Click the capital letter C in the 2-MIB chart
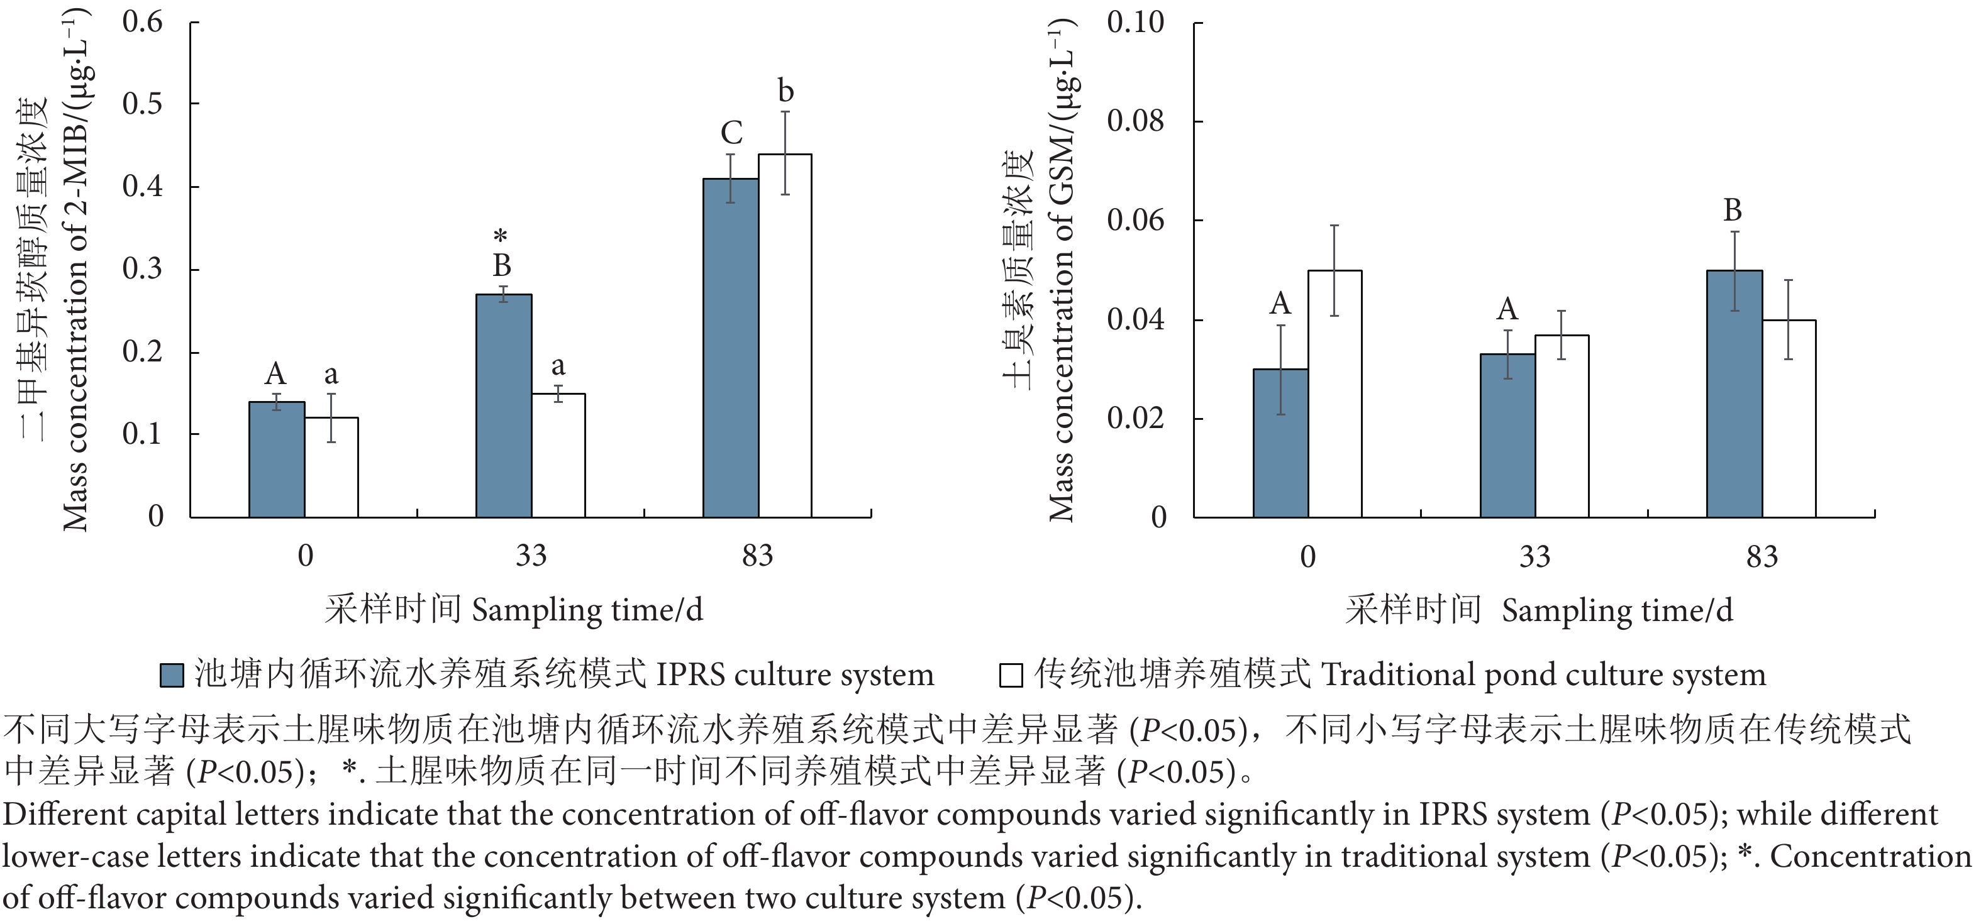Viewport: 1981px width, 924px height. pos(731,134)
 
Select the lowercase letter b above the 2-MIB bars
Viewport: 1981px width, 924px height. pos(785,92)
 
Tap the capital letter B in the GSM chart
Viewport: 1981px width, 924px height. pos(1733,210)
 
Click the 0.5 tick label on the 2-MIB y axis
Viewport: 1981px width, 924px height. pos(143,104)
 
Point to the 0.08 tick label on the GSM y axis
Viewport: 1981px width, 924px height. pos(1135,121)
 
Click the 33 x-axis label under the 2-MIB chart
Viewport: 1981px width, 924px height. pos(531,555)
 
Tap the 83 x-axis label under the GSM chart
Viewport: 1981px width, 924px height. pos(1762,556)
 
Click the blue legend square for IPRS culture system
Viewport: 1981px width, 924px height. pos(172,676)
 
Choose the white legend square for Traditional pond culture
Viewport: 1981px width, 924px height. pos(1011,676)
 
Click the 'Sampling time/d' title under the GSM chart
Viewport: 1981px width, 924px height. pos(1618,611)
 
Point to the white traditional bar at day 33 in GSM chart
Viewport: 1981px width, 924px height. pos(1562,426)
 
